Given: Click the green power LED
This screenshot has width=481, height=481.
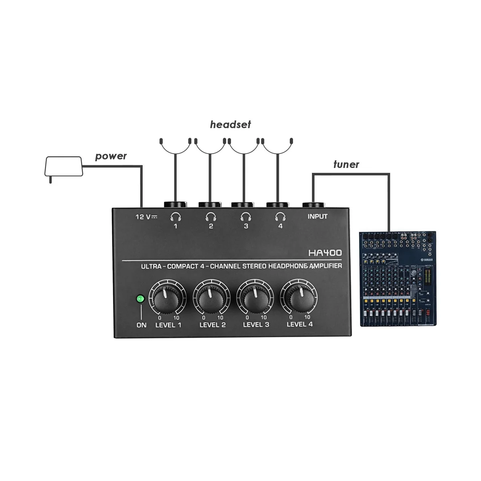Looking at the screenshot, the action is click(x=140, y=299).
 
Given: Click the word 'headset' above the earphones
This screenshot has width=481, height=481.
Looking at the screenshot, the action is click(x=230, y=125).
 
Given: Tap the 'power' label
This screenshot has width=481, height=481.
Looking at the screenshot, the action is click(x=111, y=156).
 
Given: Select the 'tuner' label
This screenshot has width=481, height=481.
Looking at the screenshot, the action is click(x=346, y=164).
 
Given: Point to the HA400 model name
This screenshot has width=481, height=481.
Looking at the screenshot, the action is click(x=325, y=253).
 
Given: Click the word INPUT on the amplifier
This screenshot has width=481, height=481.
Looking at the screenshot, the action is click(x=317, y=216).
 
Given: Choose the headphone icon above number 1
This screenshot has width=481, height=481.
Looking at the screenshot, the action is click(x=175, y=217).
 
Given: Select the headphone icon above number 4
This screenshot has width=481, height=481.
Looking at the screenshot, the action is click(x=280, y=217).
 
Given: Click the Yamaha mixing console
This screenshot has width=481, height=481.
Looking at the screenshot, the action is click(x=397, y=279).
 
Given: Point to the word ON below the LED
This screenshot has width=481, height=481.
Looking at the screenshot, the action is click(x=141, y=325).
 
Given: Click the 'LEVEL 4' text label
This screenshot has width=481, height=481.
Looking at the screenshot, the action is click(x=299, y=324).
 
